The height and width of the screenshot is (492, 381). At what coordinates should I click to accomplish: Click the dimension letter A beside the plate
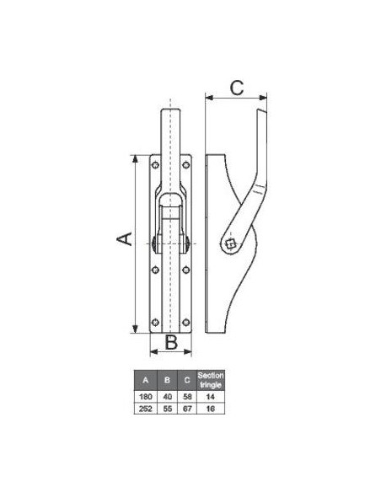(124, 240)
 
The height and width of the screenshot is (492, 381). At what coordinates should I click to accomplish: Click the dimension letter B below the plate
(170, 342)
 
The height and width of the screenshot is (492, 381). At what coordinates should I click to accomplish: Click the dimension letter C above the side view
(237, 87)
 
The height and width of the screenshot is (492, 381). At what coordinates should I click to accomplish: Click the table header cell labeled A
(147, 380)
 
